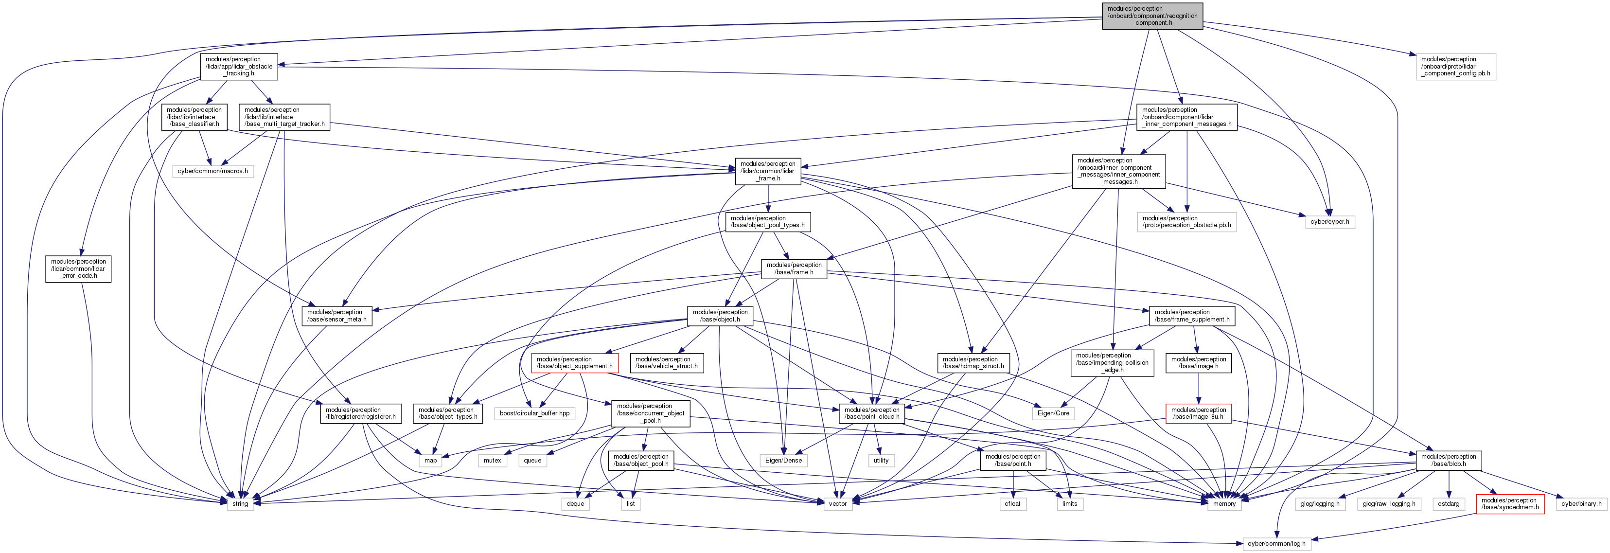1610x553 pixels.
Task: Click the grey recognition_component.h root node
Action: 1152,16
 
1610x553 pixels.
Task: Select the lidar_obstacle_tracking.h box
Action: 239,66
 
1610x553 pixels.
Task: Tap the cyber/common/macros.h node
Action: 212,171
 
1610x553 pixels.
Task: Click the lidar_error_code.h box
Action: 78,268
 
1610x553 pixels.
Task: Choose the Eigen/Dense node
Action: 783,461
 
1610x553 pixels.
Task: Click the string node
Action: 240,504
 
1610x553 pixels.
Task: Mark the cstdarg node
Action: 1448,504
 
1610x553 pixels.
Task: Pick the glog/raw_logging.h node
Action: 1389,504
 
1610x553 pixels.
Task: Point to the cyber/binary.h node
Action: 1581,504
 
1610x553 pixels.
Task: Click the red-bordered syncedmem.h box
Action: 1510,504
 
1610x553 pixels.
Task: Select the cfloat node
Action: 1012,504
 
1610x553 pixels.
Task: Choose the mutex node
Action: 493,461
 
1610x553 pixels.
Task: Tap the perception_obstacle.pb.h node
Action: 1187,222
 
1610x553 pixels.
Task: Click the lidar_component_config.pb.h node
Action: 1456,66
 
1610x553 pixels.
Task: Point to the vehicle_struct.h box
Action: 666,363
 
